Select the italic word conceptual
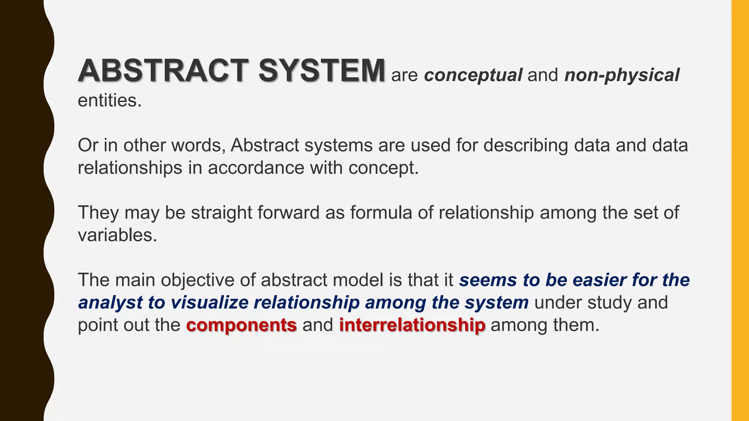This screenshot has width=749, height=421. pyautogui.click(x=473, y=75)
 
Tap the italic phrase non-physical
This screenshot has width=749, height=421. pyautogui.click(x=622, y=75)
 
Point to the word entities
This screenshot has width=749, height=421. pyautogui.click(x=109, y=100)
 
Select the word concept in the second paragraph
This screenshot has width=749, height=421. pyautogui.click(x=383, y=168)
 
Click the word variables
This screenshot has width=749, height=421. pyautogui.click(x=117, y=235)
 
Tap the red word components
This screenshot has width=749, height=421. pyautogui.click(x=241, y=325)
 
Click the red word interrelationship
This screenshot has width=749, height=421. pyautogui.click(x=412, y=325)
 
